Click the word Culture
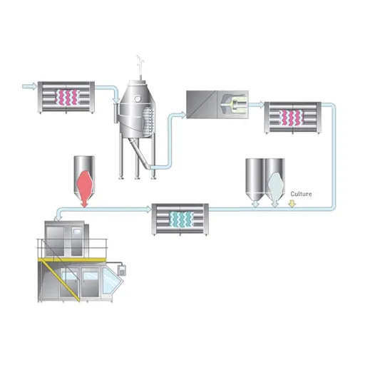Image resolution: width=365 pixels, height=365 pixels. [301, 194]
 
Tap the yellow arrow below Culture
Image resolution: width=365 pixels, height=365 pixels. [292, 204]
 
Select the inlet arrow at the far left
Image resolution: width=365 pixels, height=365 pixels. [30, 86]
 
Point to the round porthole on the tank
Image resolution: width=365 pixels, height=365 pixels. [137, 98]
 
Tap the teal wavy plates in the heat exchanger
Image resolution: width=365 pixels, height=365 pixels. [181, 219]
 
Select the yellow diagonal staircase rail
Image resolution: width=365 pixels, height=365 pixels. [61, 280]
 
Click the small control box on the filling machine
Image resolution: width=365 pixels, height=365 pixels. [122, 270]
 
